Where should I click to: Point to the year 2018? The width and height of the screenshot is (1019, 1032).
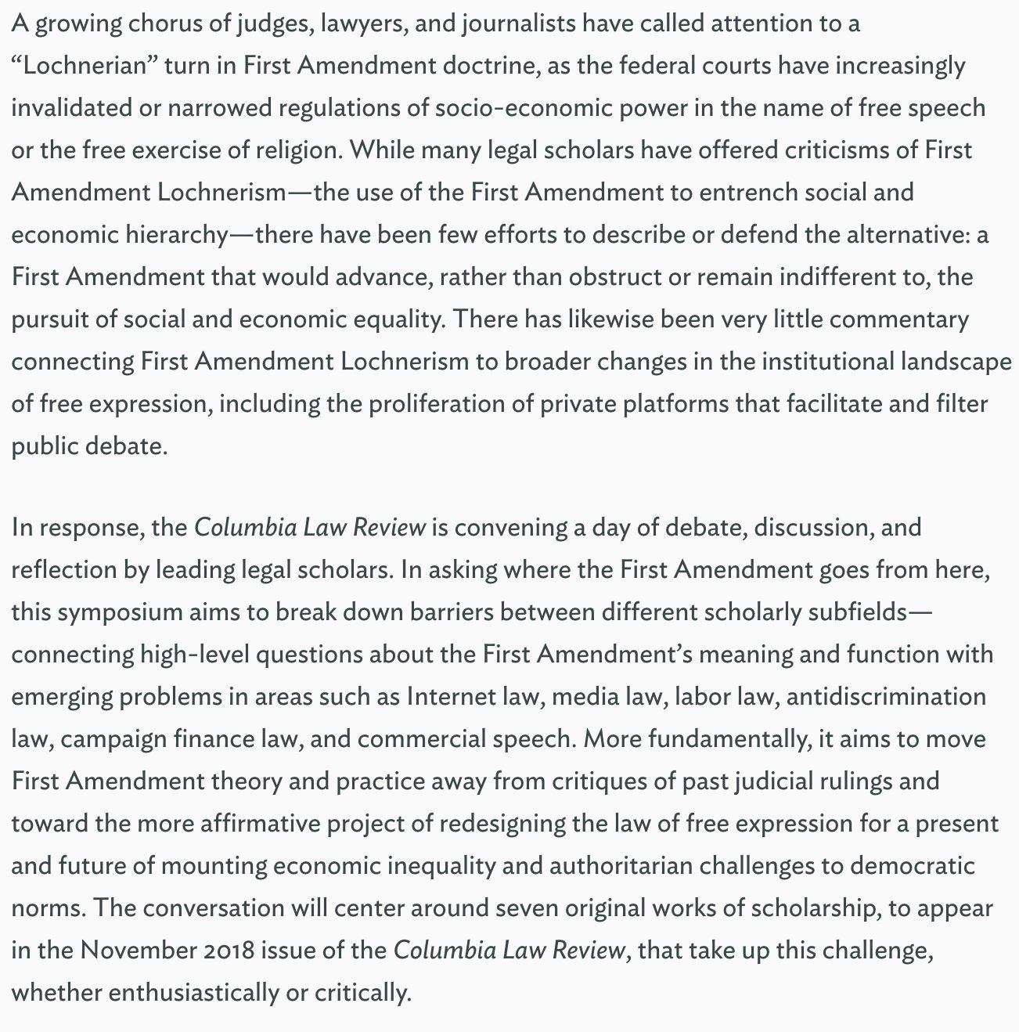[226, 951]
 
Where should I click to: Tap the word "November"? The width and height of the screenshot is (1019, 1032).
[135, 951]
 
